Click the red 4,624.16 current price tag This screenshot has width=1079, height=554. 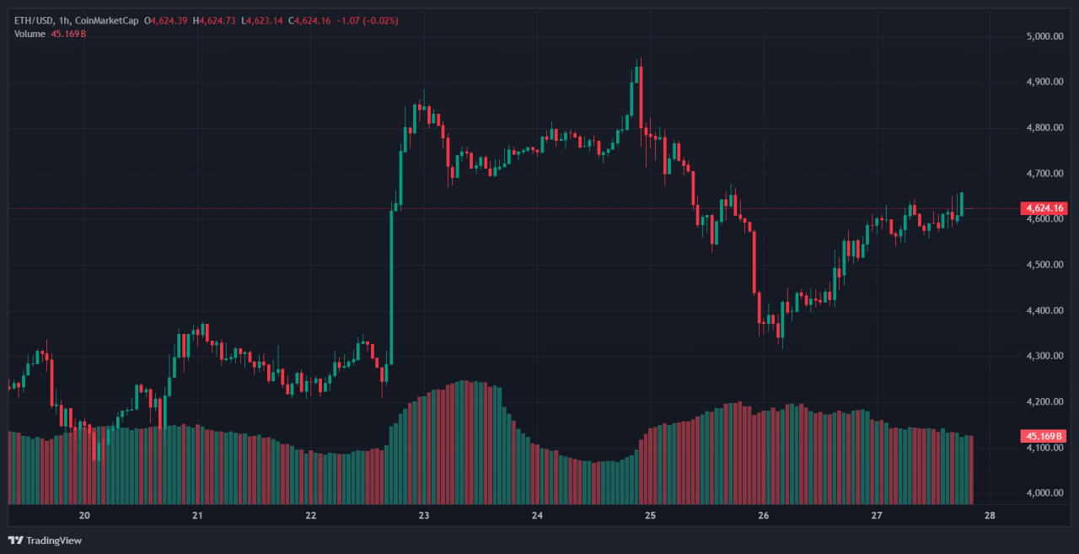point(1043,208)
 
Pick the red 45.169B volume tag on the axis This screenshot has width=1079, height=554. point(1043,436)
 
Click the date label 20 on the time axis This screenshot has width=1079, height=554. point(84,515)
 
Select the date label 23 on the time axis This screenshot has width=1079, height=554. point(424,515)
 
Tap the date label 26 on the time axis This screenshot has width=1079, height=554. point(764,515)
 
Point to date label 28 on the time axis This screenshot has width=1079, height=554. point(990,515)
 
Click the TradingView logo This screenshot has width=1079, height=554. point(46,540)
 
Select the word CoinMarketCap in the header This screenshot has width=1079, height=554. point(112,20)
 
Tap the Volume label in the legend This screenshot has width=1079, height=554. point(30,34)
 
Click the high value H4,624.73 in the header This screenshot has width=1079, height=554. point(214,20)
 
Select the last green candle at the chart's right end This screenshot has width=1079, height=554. point(962,204)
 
